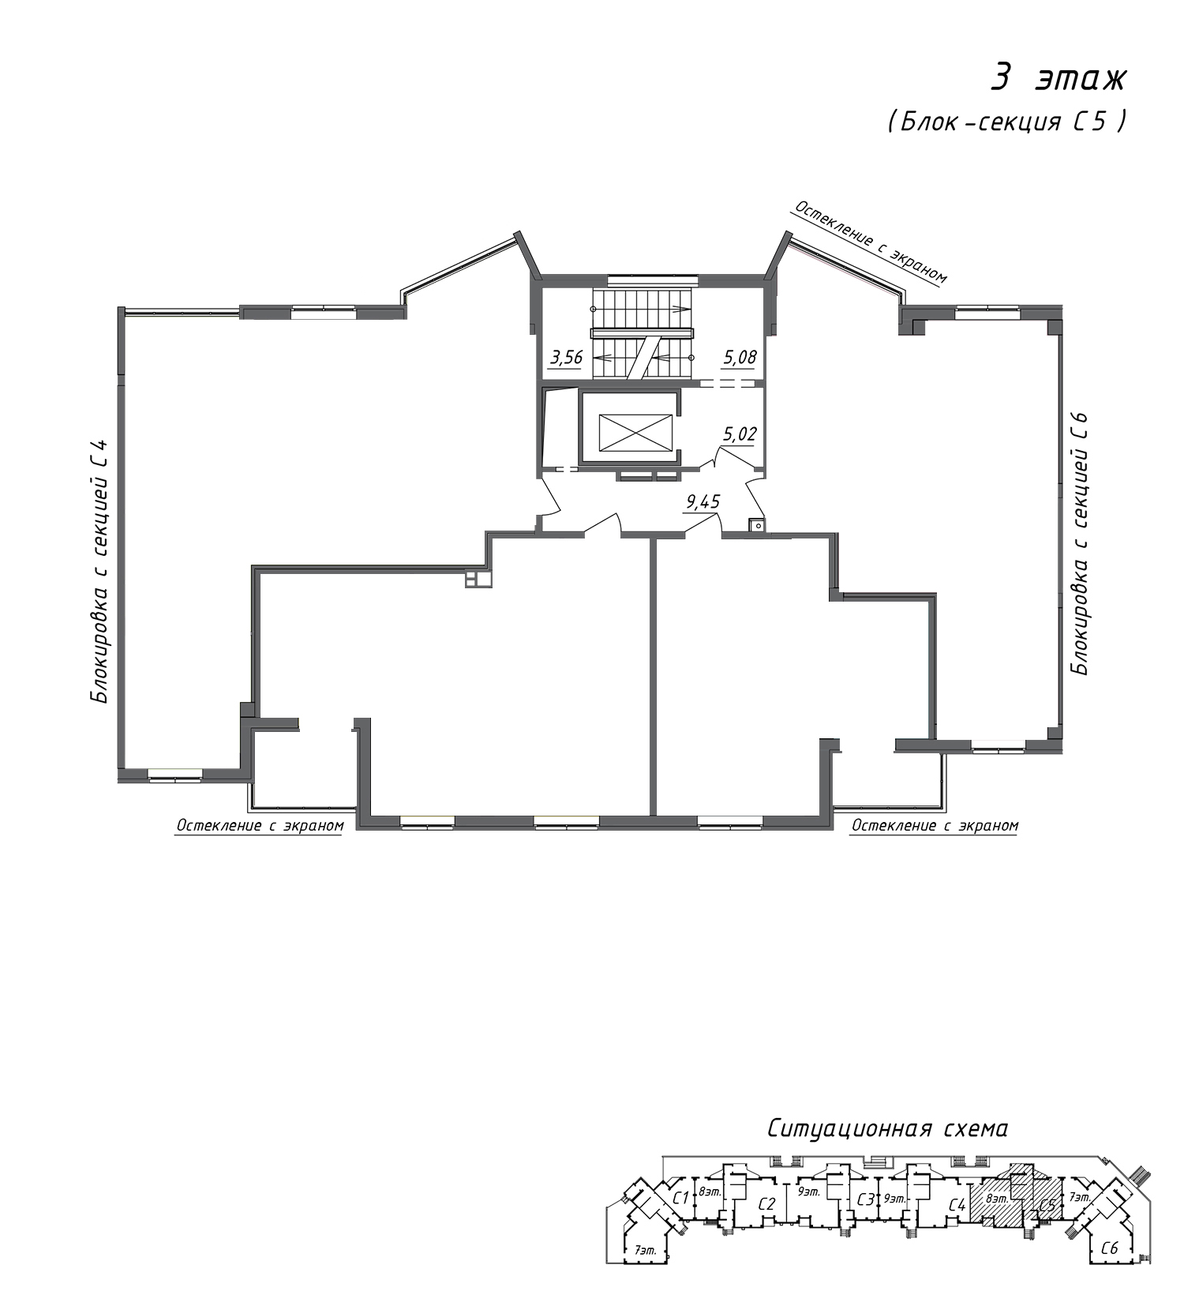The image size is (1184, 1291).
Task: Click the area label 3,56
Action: click(x=566, y=358)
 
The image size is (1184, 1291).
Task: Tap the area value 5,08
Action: click(x=740, y=358)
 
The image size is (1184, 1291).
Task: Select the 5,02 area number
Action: click(x=740, y=433)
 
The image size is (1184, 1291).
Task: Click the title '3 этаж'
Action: click(x=1059, y=79)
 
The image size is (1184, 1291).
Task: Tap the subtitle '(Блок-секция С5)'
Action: click(x=1006, y=122)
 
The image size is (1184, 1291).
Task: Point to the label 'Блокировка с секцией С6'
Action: click(x=1078, y=543)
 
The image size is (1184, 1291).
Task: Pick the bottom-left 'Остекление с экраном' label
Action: click(x=260, y=826)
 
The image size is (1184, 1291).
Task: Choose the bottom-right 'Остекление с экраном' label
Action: click(x=935, y=826)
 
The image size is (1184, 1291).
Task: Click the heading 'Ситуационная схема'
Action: click(x=887, y=1129)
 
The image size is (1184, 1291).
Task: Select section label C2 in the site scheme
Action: click(x=766, y=1204)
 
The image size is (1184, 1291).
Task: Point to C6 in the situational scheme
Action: click(x=1110, y=1248)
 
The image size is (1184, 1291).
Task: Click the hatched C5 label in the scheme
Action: click(x=1047, y=1206)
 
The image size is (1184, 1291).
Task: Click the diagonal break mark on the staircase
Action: click(x=642, y=358)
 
